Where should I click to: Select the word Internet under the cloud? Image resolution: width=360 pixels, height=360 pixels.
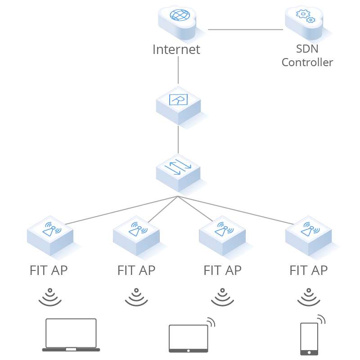point(176,49)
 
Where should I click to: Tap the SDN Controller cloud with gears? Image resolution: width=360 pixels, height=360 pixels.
point(304,22)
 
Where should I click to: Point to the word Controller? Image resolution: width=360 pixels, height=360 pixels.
point(307,62)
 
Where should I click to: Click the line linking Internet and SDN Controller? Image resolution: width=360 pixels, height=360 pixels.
point(245,30)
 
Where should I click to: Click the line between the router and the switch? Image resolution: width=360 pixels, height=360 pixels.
point(178,139)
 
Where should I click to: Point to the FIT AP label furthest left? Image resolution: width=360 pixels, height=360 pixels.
point(49,270)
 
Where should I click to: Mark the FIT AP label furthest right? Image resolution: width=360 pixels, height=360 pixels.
point(308,270)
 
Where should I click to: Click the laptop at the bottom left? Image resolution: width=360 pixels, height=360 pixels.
point(71,335)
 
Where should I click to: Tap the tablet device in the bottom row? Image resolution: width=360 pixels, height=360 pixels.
point(188,338)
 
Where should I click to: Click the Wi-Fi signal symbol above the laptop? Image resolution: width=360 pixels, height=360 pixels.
point(49,297)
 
